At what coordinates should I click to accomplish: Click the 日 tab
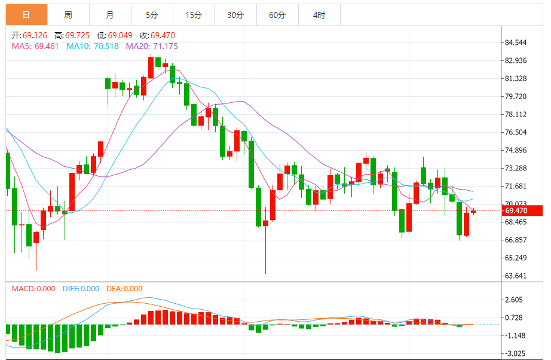point(26,15)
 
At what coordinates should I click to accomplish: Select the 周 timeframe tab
point(68,15)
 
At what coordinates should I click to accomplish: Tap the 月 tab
point(110,15)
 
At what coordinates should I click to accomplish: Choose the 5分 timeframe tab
point(152,15)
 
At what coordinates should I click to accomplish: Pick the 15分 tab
point(194,15)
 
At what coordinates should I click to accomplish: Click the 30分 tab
point(235,15)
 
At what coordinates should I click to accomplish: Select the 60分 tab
point(277,15)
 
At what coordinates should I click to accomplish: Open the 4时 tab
point(319,15)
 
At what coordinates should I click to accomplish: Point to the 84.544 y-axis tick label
point(516,42)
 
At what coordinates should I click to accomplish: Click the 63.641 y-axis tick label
point(516,276)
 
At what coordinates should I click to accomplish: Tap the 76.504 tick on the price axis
point(516,132)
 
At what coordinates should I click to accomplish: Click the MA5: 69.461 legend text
point(35,46)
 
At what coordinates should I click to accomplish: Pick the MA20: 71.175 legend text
point(152,46)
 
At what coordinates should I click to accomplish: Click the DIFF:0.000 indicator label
point(81,289)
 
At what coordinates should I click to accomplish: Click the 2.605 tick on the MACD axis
point(514,300)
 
